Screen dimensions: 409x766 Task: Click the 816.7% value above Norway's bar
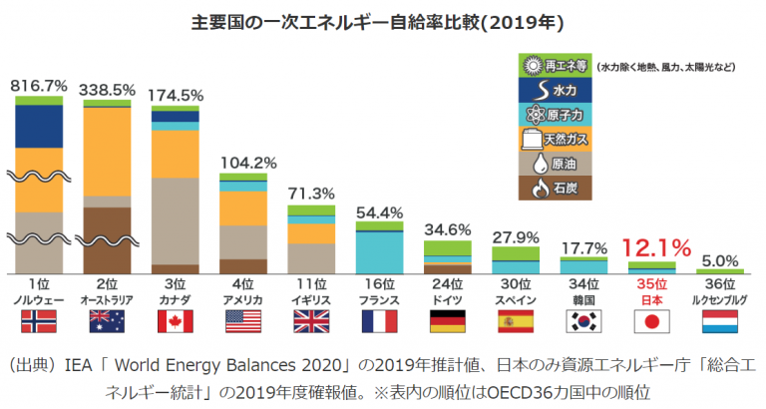coord(39,87)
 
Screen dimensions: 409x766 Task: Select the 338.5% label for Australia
coord(107,90)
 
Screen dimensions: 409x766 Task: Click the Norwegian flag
coord(39,321)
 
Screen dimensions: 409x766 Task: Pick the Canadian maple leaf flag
coord(176,321)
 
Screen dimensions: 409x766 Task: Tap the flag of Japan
coord(651,321)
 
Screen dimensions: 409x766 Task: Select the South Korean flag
coord(583,321)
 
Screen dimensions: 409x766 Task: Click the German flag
coord(448,321)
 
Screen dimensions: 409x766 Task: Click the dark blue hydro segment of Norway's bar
coord(39,126)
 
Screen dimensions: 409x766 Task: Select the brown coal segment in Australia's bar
coord(107,239)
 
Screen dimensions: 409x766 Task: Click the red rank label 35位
coord(651,284)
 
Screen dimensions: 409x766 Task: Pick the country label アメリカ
coord(243,299)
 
